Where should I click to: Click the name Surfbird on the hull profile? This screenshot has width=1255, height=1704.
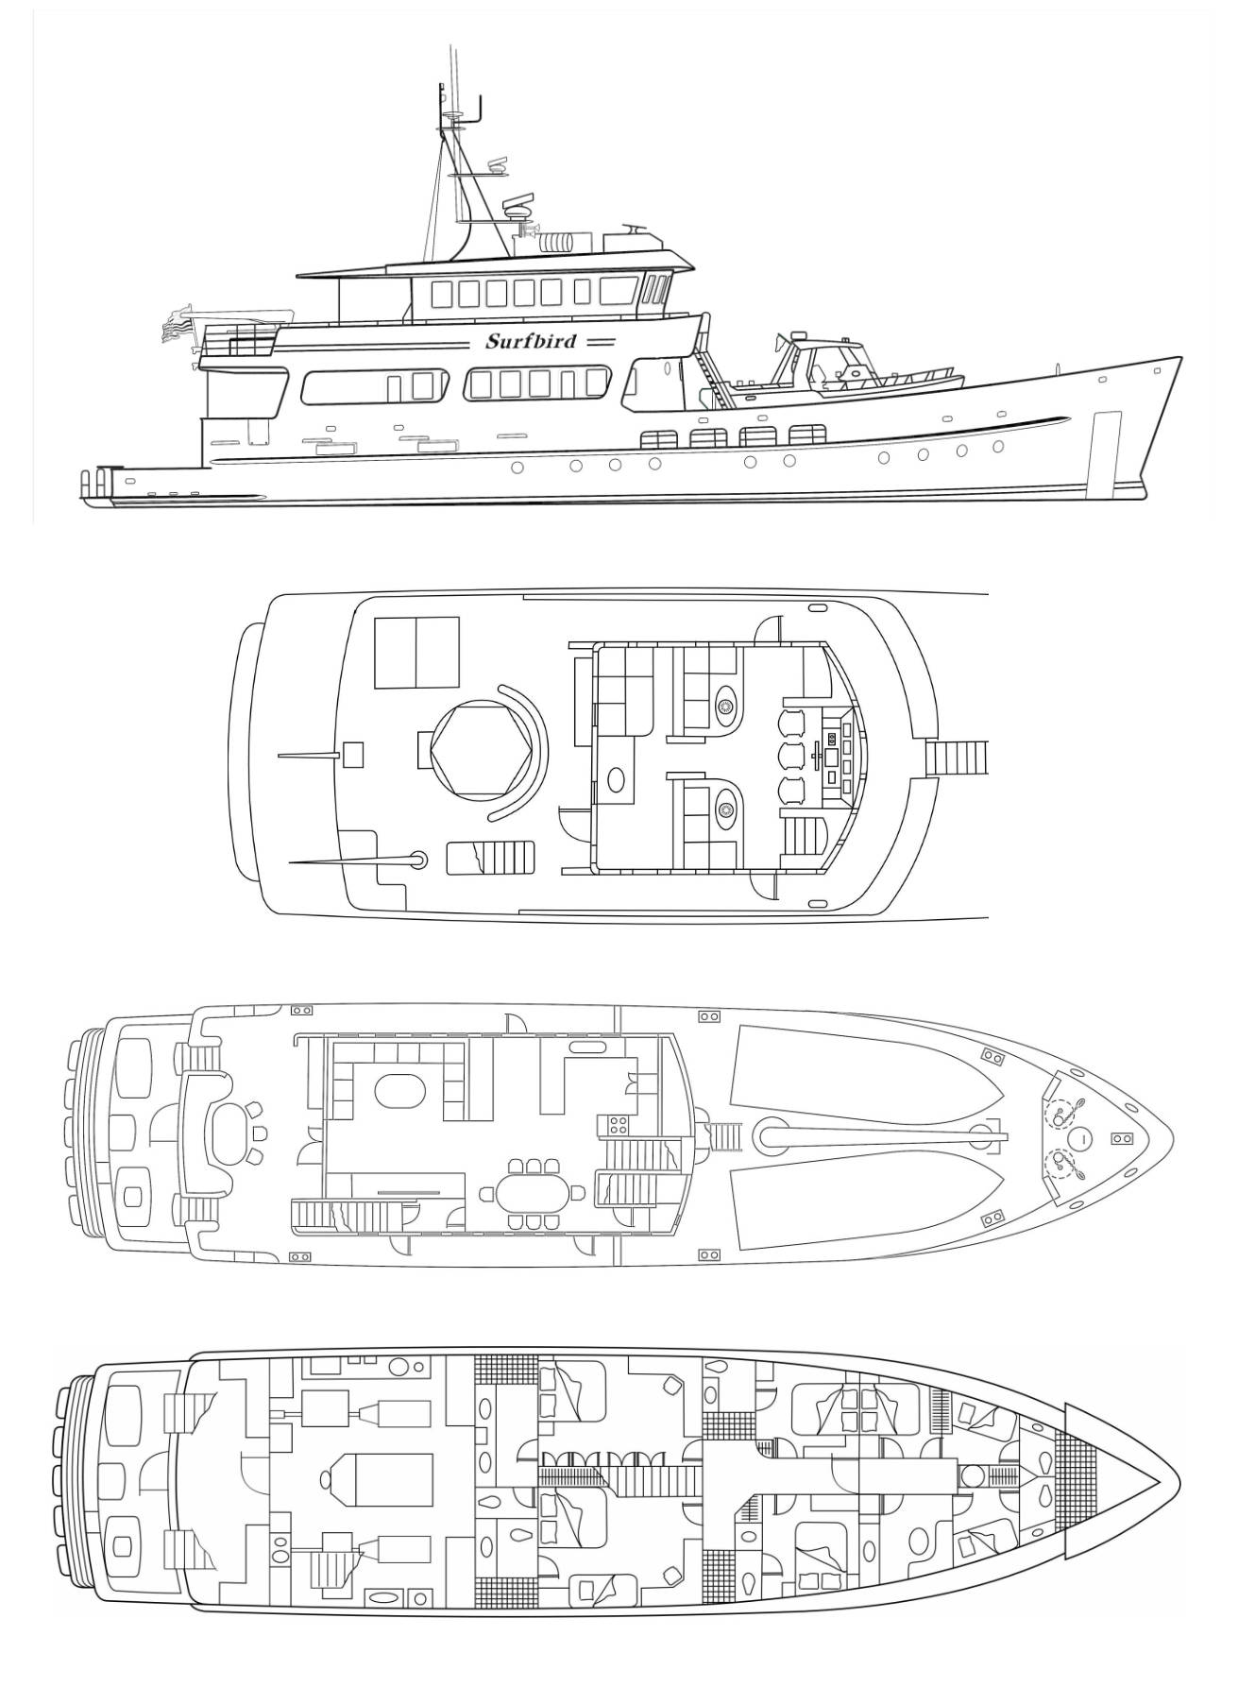click(531, 341)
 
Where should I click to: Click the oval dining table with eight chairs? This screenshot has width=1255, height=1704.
click(527, 1194)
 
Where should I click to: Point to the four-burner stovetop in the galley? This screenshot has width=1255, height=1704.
click(618, 1125)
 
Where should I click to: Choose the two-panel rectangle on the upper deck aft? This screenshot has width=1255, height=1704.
click(417, 653)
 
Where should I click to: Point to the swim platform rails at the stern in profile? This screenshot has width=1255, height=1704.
click(96, 482)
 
